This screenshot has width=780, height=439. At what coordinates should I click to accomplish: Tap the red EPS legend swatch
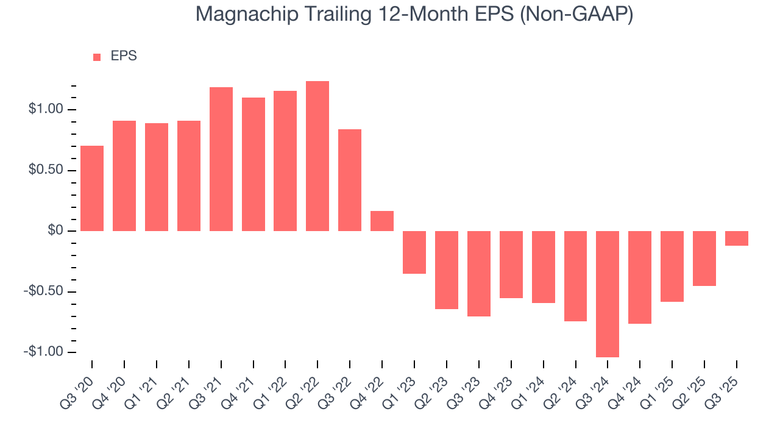point(97,57)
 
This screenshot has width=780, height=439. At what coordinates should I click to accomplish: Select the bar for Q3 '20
point(92,188)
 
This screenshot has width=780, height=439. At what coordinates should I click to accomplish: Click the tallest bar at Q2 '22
point(317,156)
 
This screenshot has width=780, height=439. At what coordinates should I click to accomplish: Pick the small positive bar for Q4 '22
point(382,221)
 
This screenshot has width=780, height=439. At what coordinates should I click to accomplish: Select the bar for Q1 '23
point(414,252)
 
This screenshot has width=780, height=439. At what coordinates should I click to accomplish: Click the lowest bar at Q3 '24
point(608,294)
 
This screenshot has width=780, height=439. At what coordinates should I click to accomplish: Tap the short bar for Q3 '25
point(736,238)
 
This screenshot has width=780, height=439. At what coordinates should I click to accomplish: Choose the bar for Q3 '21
point(221,159)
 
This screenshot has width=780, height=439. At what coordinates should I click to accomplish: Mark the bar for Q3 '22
point(350,180)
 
